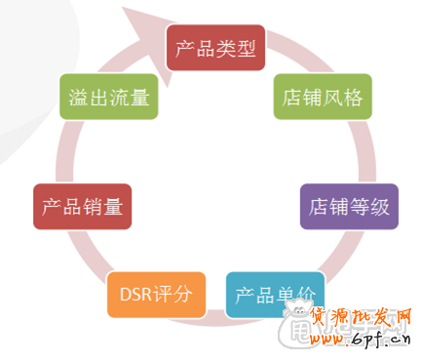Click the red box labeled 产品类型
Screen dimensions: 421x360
pyautogui.click(x=216, y=48)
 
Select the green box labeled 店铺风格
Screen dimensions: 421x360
pyautogui.click(x=322, y=98)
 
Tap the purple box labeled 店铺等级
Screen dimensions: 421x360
pyautogui.click(x=348, y=206)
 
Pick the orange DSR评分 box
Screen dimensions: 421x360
pyautogui.click(x=156, y=294)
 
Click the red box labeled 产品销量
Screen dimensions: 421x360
pyautogui.click(x=82, y=206)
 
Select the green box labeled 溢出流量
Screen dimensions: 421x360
pyautogui.click(x=108, y=98)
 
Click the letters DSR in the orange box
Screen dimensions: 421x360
pyautogui.click(x=134, y=294)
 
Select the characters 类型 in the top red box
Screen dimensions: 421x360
pyautogui.click(x=236, y=48)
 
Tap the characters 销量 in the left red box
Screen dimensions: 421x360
pyautogui.click(x=101, y=206)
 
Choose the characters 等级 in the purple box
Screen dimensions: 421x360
pyautogui.click(x=367, y=206)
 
